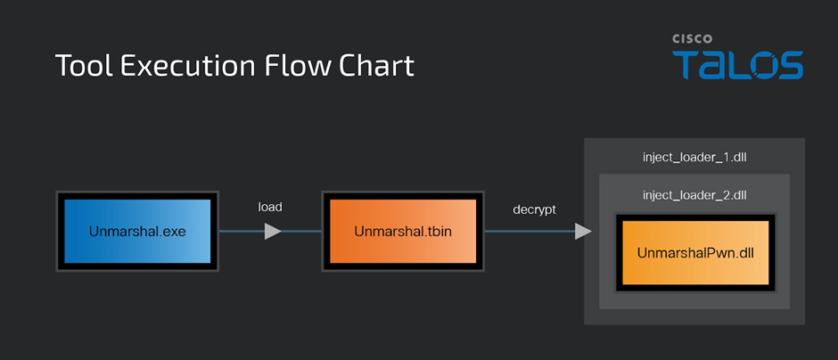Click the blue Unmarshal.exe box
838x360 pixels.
click(137, 232)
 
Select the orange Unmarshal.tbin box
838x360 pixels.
click(403, 232)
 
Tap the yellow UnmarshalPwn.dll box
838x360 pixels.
click(695, 253)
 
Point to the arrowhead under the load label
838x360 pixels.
click(273, 232)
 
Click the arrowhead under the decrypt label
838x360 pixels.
click(583, 232)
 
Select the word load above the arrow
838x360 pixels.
click(270, 207)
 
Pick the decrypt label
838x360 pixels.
click(534, 210)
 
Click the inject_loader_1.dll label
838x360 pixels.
click(694, 158)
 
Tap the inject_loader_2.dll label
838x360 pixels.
click(694, 195)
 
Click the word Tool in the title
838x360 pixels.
click(84, 65)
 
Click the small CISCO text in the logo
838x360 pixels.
click(692, 39)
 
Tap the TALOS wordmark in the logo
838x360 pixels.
click(737, 65)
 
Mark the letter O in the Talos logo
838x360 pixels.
click(758, 65)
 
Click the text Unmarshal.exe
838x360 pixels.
click(137, 232)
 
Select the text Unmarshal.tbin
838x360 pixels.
click(403, 232)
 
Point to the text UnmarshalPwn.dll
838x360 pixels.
click(695, 253)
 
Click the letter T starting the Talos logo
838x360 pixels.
click(686, 65)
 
